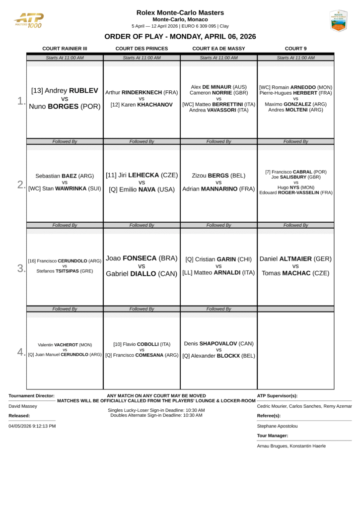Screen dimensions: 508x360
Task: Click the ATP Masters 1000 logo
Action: [x=29, y=20]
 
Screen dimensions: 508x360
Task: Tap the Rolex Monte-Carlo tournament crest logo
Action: [x=338, y=21]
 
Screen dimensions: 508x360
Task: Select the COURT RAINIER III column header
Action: [x=65, y=49]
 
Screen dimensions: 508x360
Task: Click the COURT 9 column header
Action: [x=295, y=49]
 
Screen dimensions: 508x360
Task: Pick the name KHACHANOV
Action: [x=155, y=105]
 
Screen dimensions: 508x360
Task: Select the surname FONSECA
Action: [x=139, y=258]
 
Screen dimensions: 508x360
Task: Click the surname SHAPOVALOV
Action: [x=219, y=343]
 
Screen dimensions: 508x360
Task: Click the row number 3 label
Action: [x=21, y=268]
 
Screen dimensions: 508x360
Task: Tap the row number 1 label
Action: [x=21, y=101]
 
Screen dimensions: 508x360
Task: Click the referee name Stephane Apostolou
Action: [x=278, y=426]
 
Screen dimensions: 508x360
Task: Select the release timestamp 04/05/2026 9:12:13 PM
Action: [x=32, y=426]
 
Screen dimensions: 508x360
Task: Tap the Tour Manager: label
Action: [x=273, y=436]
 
